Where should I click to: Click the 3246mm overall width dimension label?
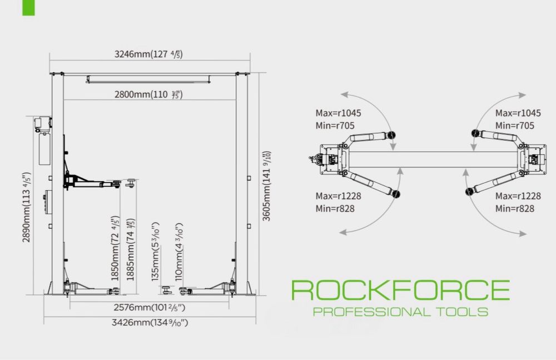[148, 54]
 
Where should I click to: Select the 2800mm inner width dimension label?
[148, 94]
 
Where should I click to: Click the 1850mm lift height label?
[116, 248]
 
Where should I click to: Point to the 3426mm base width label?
[149, 322]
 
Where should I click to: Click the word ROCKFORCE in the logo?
[400, 291]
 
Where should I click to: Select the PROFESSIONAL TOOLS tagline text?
[400, 311]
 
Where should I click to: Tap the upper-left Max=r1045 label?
[338, 113]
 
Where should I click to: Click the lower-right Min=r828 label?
[515, 208]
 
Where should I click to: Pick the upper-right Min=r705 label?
[515, 126]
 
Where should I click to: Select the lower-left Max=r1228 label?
[338, 196]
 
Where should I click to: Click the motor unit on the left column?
[42, 124]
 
